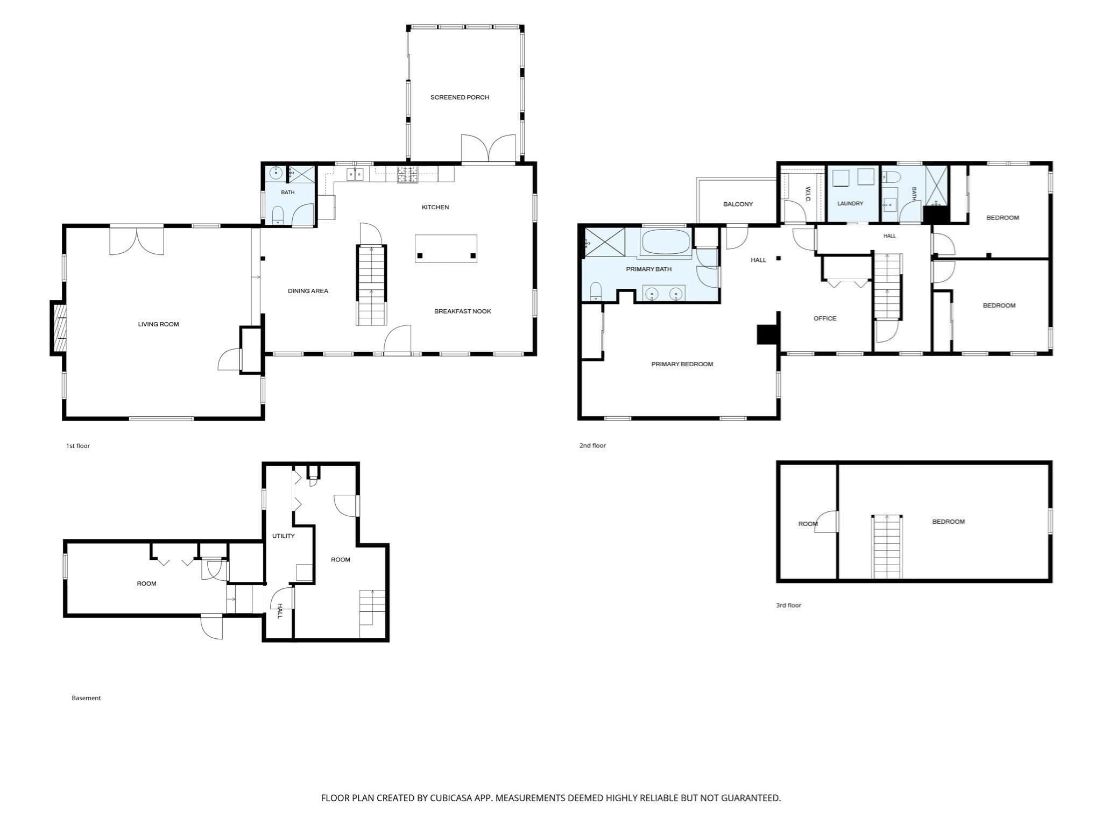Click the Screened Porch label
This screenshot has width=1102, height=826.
[460, 97]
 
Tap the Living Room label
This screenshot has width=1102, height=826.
[158, 324]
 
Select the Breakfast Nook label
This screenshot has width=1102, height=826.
[462, 311]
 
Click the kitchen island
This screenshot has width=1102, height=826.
[446, 248]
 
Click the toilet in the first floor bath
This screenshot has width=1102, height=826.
[278, 215]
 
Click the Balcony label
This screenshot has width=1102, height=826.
[738, 204]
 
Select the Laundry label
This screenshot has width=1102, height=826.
[850, 204]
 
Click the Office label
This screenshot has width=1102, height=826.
[825, 319]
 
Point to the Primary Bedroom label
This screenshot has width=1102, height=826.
[682, 364]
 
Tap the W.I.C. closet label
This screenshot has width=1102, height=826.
[808, 195]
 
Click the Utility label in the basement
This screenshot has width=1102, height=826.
[283, 536]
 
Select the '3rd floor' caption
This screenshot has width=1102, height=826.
[788, 606]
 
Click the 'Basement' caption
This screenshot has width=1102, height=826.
[86, 698]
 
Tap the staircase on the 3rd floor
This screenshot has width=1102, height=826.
[887, 546]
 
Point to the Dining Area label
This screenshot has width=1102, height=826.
[308, 291]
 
